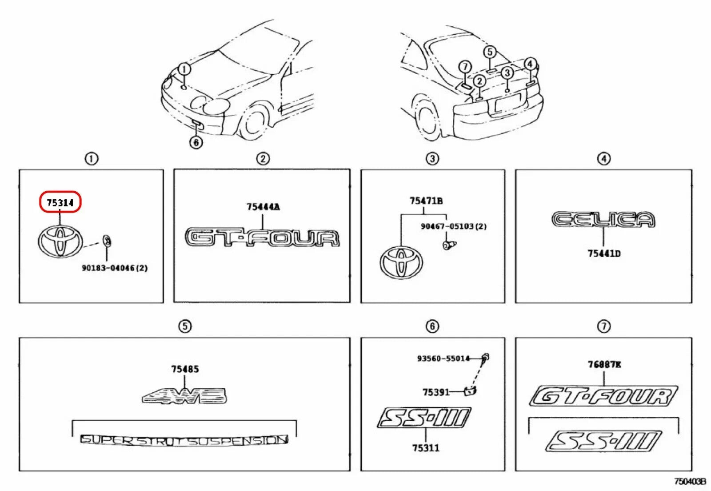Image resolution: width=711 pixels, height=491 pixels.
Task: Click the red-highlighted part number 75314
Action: pyautogui.click(x=60, y=203)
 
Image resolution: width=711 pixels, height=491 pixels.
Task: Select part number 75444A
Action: pyautogui.click(x=263, y=207)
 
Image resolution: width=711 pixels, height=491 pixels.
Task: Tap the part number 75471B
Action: pyautogui.click(x=426, y=201)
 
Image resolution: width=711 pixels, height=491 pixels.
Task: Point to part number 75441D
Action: pyautogui.click(x=604, y=254)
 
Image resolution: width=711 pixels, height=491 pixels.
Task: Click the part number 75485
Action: pyautogui.click(x=185, y=369)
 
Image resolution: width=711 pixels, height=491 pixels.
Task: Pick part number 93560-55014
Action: pyautogui.click(x=443, y=358)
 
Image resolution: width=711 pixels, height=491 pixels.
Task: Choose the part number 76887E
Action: pyautogui.click(x=604, y=365)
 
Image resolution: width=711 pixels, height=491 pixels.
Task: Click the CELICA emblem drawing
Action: pyautogui.click(x=603, y=220)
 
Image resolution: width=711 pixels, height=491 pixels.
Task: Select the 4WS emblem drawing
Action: pyautogui.click(x=184, y=395)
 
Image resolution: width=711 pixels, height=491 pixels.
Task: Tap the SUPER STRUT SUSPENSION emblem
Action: pyautogui.click(x=184, y=440)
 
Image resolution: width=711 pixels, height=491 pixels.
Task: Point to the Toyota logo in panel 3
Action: pyautogui.click(x=401, y=262)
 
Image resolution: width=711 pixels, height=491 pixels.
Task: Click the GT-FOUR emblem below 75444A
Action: pyautogui.click(x=262, y=237)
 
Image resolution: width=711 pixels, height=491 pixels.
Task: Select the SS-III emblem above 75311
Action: pyautogui.click(x=423, y=418)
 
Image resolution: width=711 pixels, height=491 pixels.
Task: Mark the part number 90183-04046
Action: pyautogui.click(x=114, y=268)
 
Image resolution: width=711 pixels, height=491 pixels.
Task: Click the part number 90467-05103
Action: pyautogui.click(x=453, y=226)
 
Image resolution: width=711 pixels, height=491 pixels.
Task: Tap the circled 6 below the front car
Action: pyautogui.click(x=196, y=142)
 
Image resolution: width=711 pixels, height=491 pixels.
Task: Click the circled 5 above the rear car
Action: pyautogui.click(x=490, y=52)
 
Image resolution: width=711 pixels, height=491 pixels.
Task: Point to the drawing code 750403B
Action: pyautogui.click(x=690, y=481)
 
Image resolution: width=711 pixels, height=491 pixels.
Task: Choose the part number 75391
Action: pyautogui.click(x=435, y=392)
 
